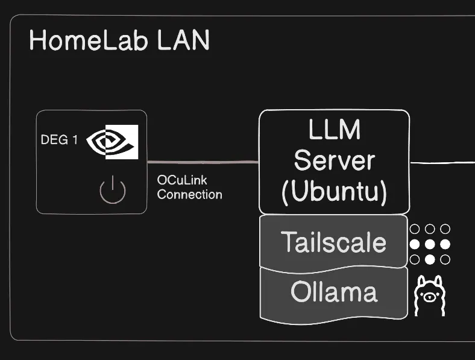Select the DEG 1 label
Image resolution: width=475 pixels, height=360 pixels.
point(59,140)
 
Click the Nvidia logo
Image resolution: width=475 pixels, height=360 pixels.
point(112,142)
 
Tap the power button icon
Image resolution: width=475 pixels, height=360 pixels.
point(113,191)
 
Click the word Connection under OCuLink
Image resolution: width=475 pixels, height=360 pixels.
point(189,194)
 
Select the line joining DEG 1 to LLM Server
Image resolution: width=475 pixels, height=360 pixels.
point(203,162)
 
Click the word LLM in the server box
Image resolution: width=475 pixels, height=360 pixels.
point(334,130)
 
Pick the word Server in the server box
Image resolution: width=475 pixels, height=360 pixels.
point(334,160)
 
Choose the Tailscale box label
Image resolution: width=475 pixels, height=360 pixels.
point(333,242)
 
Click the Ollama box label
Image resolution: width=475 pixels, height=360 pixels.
point(333,292)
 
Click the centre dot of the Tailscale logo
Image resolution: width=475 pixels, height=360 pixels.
point(430,244)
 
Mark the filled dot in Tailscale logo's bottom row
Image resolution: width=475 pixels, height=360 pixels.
point(430,259)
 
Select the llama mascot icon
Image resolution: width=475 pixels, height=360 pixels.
point(430,295)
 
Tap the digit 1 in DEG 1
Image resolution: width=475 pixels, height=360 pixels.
point(75,140)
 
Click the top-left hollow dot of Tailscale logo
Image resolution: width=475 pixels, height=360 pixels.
point(415,229)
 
